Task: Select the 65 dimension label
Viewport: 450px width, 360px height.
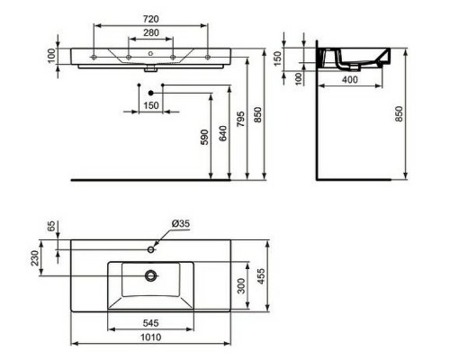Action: click(x=51, y=227)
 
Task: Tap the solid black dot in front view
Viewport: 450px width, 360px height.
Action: click(x=151, y=93)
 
